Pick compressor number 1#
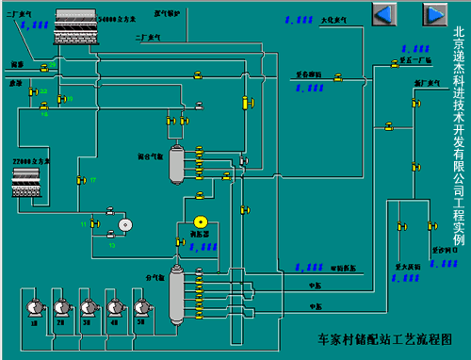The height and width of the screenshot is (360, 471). [x=34, y=308]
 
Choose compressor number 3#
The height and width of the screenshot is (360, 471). [x=89, y=308]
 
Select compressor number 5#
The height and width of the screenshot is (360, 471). [x=143, y=308]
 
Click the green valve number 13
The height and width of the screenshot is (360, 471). [x=111, y=235]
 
